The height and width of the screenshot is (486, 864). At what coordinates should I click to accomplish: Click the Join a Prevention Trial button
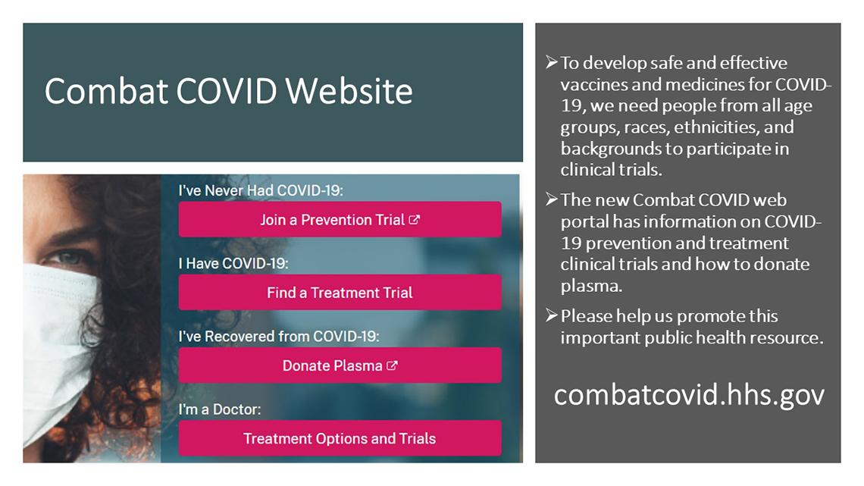340,220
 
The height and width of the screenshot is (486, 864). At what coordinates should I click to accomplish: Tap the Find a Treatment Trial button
340,293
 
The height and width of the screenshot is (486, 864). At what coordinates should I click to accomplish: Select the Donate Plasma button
340,365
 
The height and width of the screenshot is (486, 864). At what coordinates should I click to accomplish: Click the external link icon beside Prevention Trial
415,220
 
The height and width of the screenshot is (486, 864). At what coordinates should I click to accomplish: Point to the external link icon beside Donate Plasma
392,365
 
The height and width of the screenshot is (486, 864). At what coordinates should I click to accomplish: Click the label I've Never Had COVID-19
261,191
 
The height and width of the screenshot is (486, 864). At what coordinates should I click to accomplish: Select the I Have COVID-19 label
233,264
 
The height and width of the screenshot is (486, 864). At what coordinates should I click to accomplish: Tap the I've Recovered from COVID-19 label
278,336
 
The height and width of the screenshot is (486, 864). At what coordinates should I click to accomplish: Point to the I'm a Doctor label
219,409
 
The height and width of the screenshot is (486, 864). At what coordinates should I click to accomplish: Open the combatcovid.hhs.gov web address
688,395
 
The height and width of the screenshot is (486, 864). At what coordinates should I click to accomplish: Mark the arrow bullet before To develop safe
551,62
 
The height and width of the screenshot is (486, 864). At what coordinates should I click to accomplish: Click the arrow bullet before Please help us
551,315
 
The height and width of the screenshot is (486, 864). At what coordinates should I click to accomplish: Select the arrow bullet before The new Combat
551,199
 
